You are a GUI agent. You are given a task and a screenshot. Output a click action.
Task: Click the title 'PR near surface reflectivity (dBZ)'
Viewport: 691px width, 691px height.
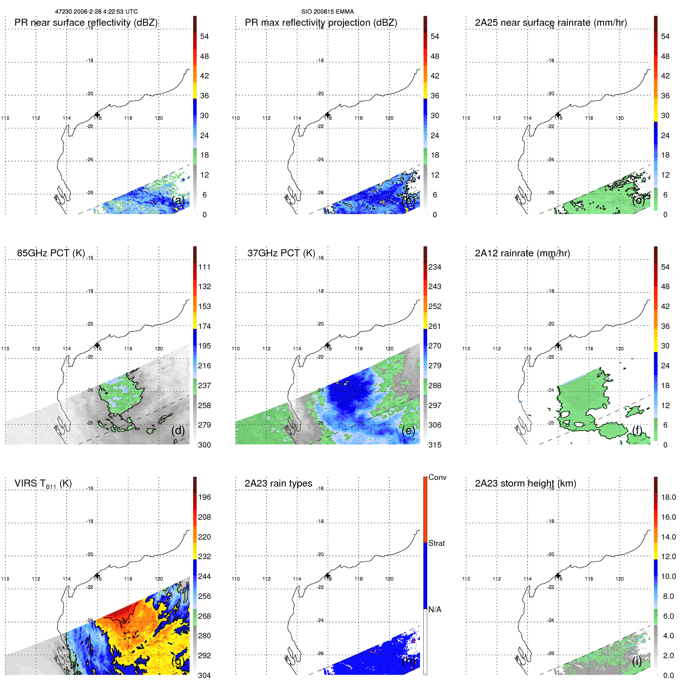tap(86, 23)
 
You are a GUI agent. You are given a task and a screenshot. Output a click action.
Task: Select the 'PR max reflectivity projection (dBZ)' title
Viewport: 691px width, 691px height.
tap(321, 23)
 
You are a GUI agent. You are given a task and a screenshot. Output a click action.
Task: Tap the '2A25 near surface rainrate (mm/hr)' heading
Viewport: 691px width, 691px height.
tap(551, 23)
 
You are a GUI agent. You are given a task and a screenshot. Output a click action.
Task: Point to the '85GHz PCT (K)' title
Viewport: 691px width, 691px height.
tap(51, 253)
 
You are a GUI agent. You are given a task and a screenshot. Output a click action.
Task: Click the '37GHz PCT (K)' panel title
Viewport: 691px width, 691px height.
tap(281, 253)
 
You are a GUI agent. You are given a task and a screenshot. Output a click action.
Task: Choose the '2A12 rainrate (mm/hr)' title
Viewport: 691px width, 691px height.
tap(522, 253)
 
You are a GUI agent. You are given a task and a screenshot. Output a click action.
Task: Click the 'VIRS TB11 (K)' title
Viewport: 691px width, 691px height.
tap(43, 484)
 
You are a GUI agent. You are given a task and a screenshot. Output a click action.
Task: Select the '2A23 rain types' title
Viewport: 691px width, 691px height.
tap(278, 483)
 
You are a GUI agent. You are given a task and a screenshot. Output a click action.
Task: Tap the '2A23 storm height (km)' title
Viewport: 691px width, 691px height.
tap(526, 483)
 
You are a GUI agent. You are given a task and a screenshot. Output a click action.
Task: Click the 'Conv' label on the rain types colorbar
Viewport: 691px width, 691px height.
tap(437, 478)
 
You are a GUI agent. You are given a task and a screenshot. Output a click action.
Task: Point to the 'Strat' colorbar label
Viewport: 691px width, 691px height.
tap(436, 544)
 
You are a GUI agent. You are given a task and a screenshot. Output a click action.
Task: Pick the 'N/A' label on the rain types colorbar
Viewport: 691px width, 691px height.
tap(434, 609)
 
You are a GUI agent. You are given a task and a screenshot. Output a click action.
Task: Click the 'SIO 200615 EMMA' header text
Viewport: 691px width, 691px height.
tap(327, 12)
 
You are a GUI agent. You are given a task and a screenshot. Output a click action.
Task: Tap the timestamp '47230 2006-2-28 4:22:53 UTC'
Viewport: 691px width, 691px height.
tap(96, 12)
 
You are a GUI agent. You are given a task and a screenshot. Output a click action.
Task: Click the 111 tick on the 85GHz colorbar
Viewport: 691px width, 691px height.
tap(204, 267)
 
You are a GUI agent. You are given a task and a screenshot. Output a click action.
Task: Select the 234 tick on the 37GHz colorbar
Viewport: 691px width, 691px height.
tap(435, 267)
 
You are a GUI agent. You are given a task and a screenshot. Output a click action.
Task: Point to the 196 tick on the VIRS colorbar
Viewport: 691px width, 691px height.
tap(204, 497)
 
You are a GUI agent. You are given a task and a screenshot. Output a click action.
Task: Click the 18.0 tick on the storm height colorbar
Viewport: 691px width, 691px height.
tap(668, 497)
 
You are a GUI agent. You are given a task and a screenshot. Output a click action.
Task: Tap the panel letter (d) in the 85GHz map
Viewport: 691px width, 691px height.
tap(178, 430)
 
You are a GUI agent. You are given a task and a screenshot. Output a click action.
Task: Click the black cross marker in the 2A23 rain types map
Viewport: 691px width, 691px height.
tap(328, 576)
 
